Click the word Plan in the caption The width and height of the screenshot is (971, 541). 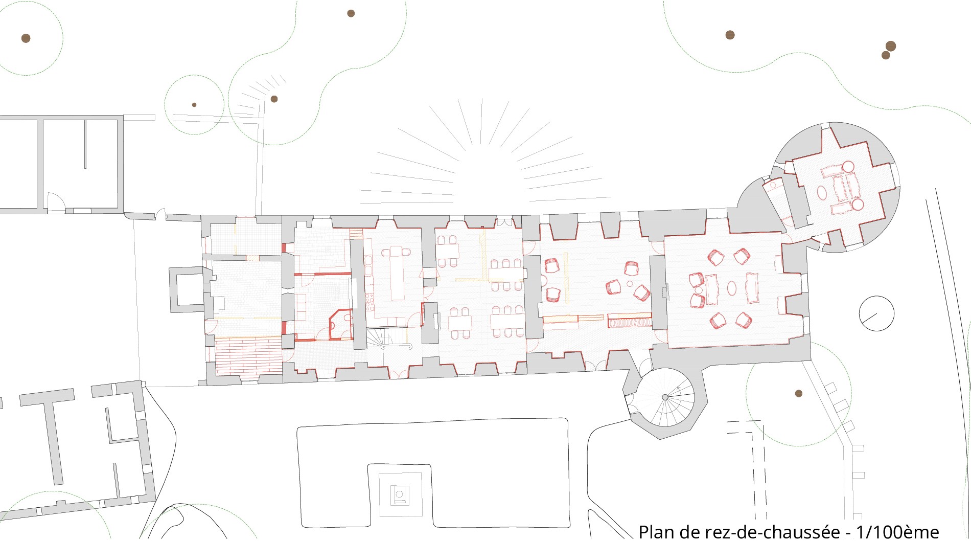(657, 532)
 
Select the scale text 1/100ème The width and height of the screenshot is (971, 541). (897, 532)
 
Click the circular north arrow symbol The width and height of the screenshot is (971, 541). (876, 313)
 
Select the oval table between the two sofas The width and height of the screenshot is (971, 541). (732, 288)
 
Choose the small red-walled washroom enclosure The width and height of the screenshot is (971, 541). (340, 325)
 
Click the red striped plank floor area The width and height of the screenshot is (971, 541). (248, 358)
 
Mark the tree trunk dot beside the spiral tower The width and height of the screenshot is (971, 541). (798, 393)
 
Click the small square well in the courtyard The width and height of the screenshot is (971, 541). (400, 494)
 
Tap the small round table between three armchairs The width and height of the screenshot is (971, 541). (630, 284)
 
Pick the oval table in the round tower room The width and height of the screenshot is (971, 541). (822, 192)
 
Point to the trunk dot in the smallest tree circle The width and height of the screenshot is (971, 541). (194, 105)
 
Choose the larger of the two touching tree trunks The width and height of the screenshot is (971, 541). (891, 46)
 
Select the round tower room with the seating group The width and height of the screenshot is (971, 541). (839, 187)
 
